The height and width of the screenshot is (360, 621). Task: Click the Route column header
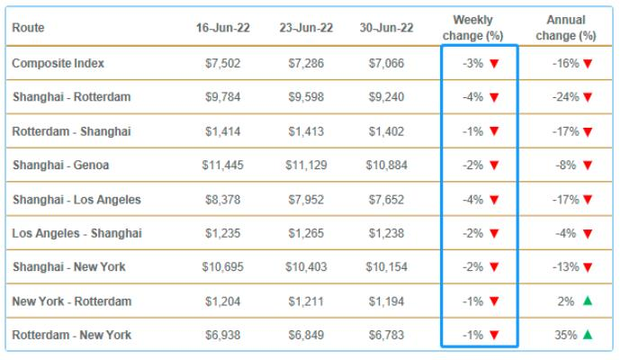tap(28, 28)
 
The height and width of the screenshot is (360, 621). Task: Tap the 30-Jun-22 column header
tap(386, 28)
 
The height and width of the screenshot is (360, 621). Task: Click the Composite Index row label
tap(58, 63)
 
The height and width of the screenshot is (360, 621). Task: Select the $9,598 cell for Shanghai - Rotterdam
tap(306, 97)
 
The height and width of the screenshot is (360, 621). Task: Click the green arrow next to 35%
tap(587, 335)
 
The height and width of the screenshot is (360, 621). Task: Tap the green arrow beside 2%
tap(587, 301)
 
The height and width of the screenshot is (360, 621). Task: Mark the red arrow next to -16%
tap(588, 63)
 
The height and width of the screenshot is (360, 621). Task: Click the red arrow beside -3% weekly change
tap(494, 63)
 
